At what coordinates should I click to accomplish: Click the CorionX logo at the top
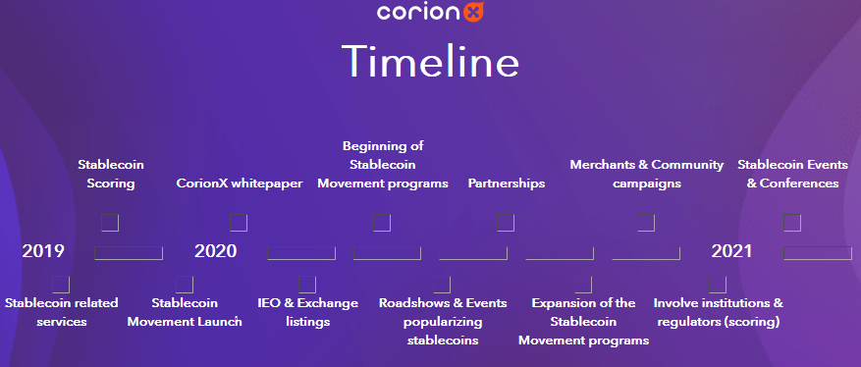[430, 12]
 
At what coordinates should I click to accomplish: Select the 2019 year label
[43, 251]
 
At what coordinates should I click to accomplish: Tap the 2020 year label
[216, 251]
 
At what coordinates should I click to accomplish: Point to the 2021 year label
[732, 251]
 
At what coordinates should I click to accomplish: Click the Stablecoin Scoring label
[110, 174]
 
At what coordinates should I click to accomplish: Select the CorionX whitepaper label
[240, 183]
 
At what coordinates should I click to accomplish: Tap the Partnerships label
[507, 183]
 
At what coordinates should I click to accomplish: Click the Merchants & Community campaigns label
[647, 174]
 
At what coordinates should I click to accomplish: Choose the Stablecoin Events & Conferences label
[793, 174]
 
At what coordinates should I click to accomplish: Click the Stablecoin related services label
[62, 312]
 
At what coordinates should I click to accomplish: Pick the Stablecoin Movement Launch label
[185, 312]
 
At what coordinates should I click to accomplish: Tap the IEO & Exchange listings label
[307, 312]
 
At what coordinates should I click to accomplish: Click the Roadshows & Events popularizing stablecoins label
[443, 322]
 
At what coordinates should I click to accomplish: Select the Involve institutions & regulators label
[719, 312]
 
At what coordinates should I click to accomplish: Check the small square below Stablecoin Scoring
[110, 223]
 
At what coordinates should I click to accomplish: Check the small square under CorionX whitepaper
[239, 223]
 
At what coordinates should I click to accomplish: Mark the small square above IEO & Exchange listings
[307, 285]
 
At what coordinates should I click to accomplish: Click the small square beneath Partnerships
[506, 223]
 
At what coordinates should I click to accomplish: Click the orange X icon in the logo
[473, 12]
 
